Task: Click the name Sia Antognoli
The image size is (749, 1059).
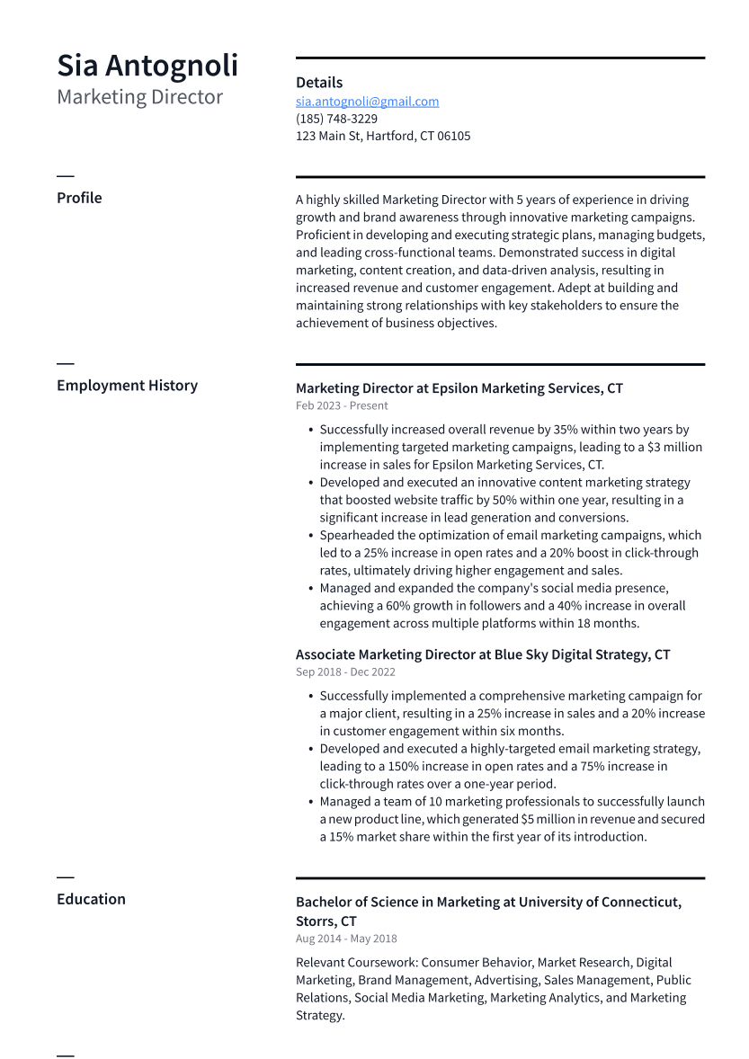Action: click(x=147, y=66)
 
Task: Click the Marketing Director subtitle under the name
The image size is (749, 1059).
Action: click(x=139, y=97)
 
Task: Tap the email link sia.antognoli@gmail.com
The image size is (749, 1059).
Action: click(x=367, y=102)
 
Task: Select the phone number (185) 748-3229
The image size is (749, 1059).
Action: click(x=336, y=119)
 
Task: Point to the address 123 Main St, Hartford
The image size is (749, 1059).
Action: click(x=382, y=136)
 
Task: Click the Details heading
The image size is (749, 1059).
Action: click(x=318, y=83)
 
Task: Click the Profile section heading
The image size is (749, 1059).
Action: click(x=79, y=198)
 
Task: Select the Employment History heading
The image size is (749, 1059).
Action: click(x=127, y=386)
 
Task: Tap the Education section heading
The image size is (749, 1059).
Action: click(x=91, y=899)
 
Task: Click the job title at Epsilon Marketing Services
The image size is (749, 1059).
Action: click(x=459, y=388)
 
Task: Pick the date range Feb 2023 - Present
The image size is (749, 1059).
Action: click(x=342, y=405)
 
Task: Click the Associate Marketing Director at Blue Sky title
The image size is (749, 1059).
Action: click(x=482, y=654)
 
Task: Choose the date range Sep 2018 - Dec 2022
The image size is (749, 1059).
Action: click(x=345, y=672)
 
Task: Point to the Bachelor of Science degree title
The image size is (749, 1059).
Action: click(x=488, y=903)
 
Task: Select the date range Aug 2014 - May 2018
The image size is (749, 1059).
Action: click(x=346, y=939)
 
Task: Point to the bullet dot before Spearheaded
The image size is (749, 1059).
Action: click(x=310, y=536)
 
